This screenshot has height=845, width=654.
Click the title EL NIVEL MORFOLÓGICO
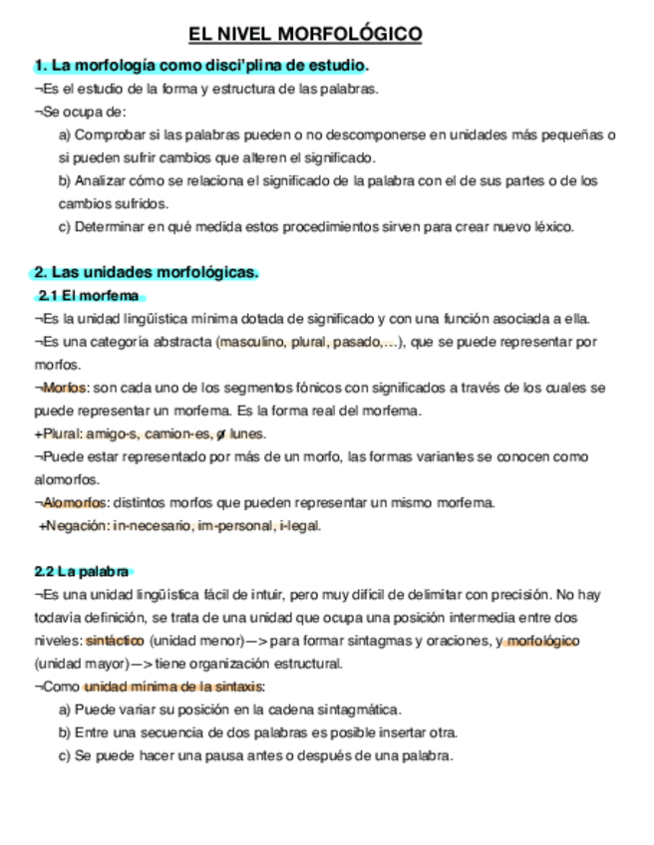click(x=306, y=36)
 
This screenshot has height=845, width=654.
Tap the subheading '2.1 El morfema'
click(x=89, y=296)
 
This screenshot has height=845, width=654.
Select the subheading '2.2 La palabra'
click(x=82, y=572)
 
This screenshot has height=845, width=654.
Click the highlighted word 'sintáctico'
click(x=115, y=641)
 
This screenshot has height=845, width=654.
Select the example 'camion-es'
click(x=177, y=433)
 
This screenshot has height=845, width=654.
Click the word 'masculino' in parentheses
click(x=248, y=342)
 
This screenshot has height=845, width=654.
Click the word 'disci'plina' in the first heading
click(x=222, y=66)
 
